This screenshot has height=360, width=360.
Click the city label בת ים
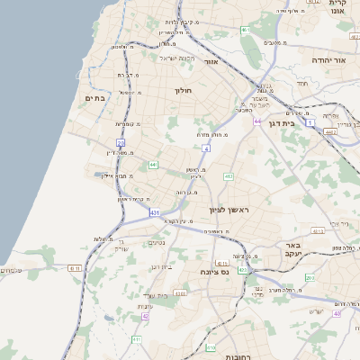coord(94,98)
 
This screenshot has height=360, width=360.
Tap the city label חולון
coord(183,90)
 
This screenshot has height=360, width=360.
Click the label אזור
coord(212,62)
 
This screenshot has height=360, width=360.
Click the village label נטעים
coord(155,241)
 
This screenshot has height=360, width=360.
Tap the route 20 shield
coord(120,143)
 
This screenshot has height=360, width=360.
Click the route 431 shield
coord(155,212)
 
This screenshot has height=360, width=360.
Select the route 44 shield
coord(257,121)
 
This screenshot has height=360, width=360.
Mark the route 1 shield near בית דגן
coord(310,121)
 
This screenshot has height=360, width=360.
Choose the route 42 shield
coord(145,316)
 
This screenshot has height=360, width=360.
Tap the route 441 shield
coord(154,165)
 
